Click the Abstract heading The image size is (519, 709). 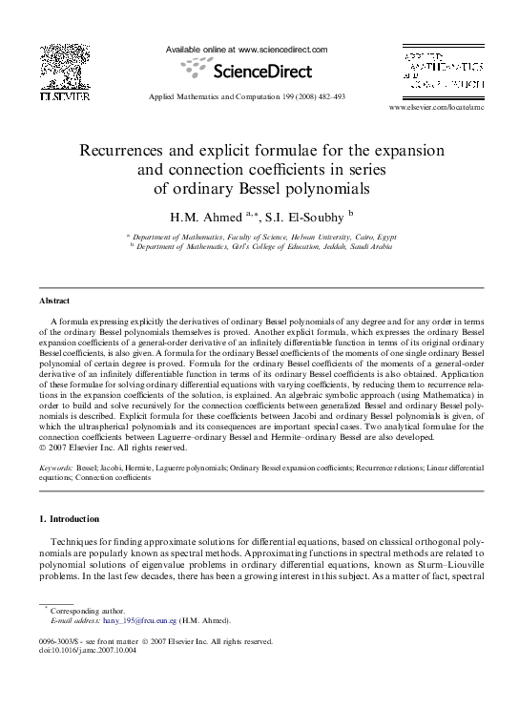[55, 301]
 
